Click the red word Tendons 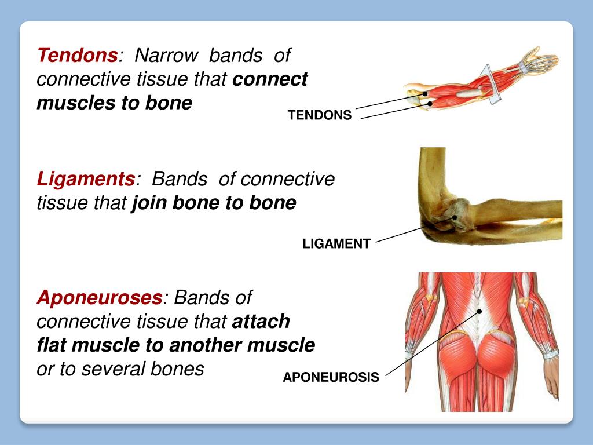click(x=78, y=55)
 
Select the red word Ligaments click(x=86, y=178)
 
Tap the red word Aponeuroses click(x=100, y=297)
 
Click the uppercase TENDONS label click(x=320, y=115)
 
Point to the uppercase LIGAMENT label click(x=336, y=244)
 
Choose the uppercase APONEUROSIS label click(x=331, y=377)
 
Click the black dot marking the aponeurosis click(x=479, y=311)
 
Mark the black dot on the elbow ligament click(x=455, y=217)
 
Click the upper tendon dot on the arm click(x=425, y=94)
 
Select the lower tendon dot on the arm click(x=430, y=103)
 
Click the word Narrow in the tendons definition click(x=166, y=55)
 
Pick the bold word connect click(x=270, y=79)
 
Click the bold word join click(x=149, y=203)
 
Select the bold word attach click(x=261, y=322)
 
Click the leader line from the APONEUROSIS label click(x=432, y=344)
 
